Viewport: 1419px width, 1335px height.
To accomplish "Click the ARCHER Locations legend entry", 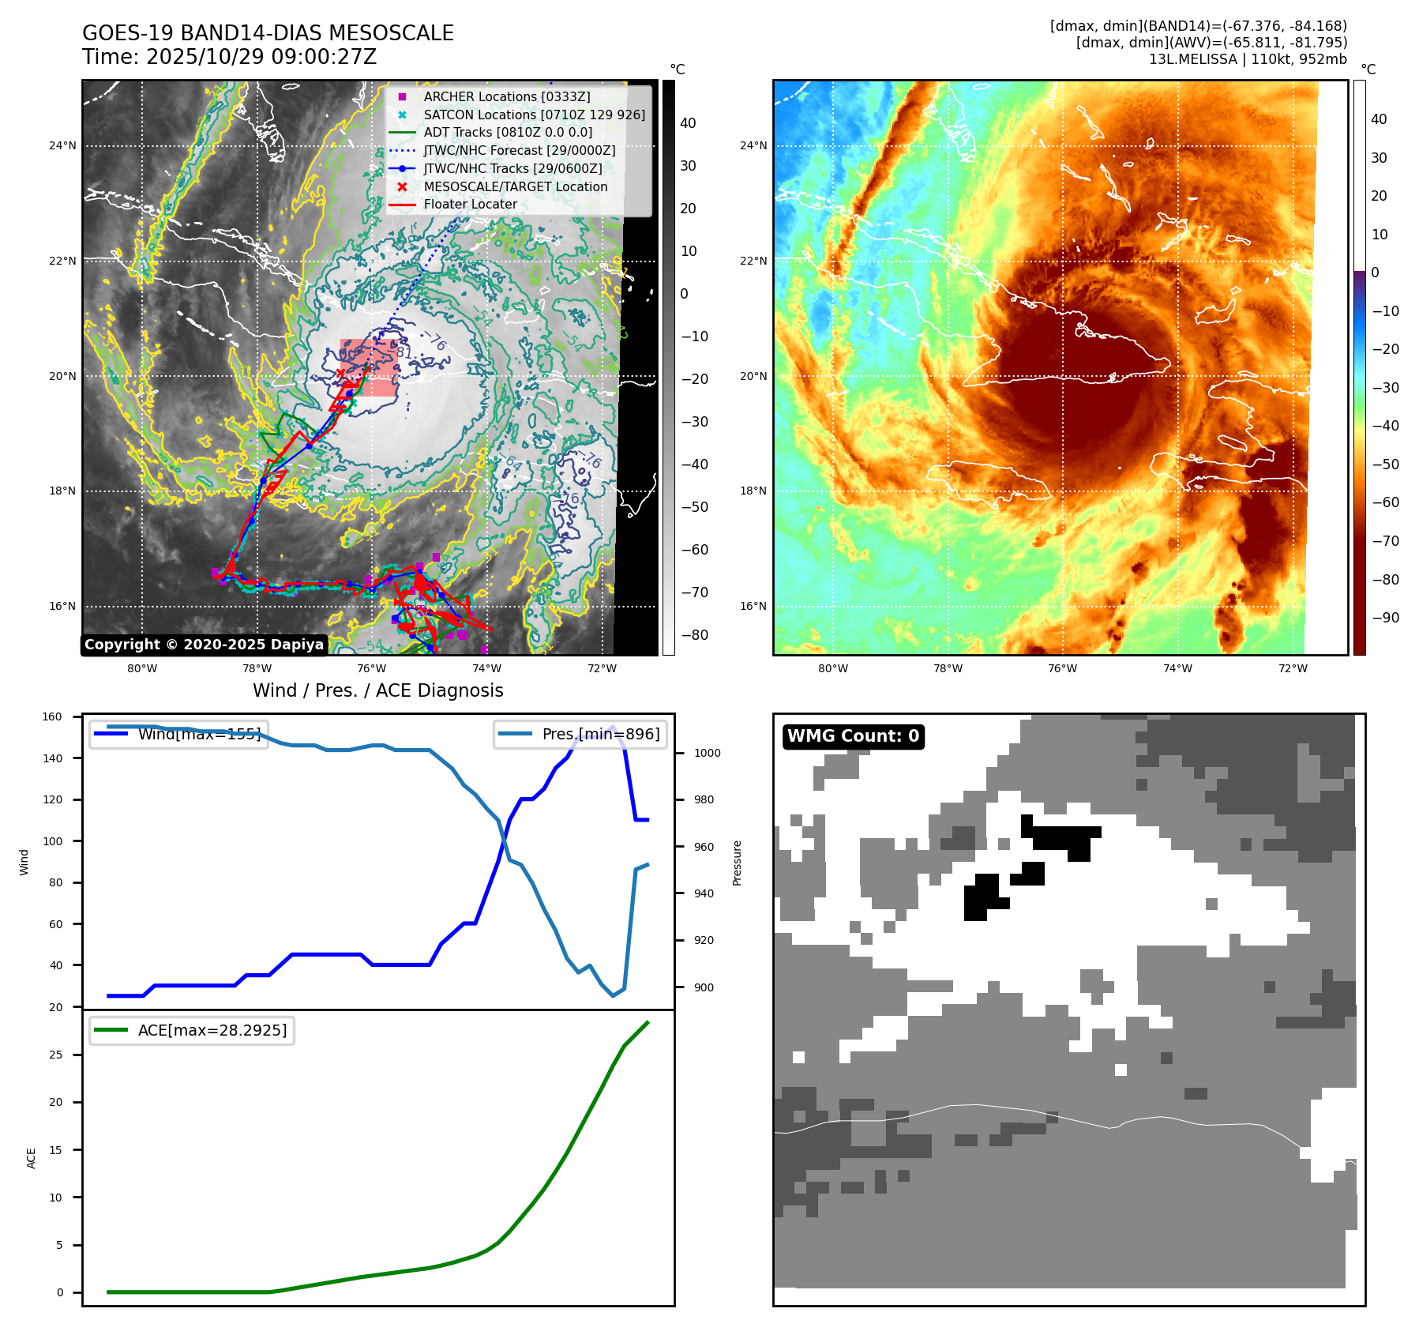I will click(506, 96).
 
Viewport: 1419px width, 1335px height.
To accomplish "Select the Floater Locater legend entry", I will click(470, 204).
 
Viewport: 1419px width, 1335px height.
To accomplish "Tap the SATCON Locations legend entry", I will click(534, 115).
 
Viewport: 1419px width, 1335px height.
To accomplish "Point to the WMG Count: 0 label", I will click(853, 736).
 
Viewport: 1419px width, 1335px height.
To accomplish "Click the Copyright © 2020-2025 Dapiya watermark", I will click(204, 645).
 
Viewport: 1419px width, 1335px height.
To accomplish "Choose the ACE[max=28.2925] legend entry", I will click(212, 1030).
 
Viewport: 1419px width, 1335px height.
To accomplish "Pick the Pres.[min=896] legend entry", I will click(600, 734).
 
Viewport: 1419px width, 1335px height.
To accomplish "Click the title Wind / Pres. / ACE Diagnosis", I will click(377, 690).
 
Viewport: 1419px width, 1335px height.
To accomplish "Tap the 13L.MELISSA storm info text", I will click(1248, 59).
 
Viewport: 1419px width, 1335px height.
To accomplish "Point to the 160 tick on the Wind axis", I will click(52, 717).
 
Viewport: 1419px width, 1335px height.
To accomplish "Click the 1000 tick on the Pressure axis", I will click(707, 754).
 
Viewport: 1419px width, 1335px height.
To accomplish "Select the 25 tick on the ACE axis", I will click(55, 1055).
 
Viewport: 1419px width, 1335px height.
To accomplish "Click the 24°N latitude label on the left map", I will click(62, 145).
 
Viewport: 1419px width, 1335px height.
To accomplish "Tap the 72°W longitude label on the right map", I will click(1293, 668).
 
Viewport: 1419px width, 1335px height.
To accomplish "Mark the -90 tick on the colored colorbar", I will click(1385, 618).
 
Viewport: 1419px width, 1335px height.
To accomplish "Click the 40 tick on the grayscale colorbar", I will click(688, 123).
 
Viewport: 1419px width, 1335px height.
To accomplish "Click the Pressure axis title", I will click(737, 863).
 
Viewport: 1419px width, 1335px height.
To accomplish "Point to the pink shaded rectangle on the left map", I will click(369, 368).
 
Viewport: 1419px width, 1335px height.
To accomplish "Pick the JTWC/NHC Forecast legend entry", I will click(519, 150).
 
